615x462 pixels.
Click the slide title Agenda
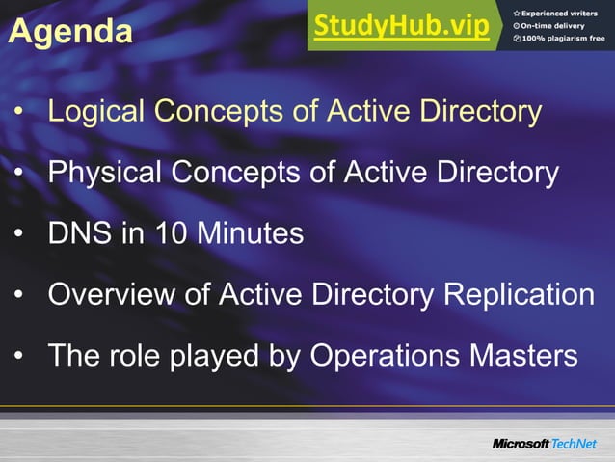(x=70, y=32)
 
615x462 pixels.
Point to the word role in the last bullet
(x=143, y=357)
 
